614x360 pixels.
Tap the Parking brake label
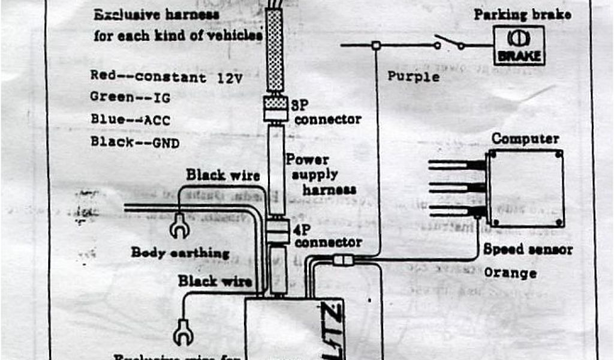click(x=522, y=14)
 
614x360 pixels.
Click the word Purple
click(x=413, y=76)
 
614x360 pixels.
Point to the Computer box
click(x=526, y=188)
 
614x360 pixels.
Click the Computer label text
click(x=525, y=139)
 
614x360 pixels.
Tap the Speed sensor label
click(x=528, y=249)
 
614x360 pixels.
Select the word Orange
click(x=510, y=273)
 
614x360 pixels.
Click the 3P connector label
click(x=327, y=111)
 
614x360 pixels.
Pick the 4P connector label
click(x=327, y=236)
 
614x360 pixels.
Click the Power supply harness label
click(x=320, y=175)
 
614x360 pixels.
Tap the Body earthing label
click(x=180, y=253)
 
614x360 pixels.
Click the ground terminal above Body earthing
click(x=179, y=224)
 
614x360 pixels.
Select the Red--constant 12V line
click(x=166, y=76)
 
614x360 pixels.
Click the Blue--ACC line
click(x=130, y=119)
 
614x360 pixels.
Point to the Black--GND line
click(x=134, y=142)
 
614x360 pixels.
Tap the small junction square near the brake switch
click(x=376, y=45)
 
